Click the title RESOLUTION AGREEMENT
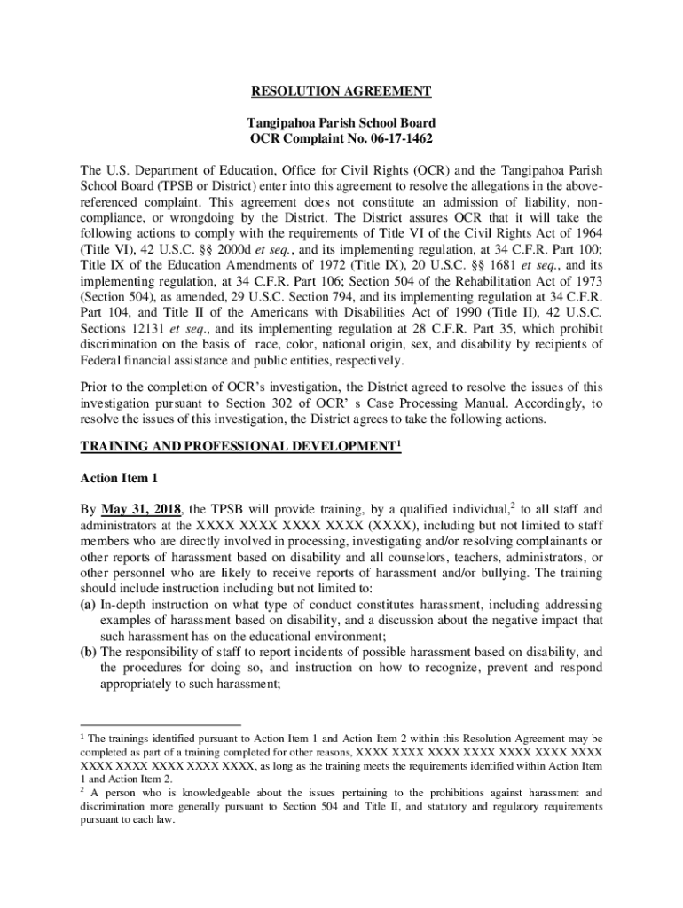[341, 91]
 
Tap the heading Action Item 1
[119, 478]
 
